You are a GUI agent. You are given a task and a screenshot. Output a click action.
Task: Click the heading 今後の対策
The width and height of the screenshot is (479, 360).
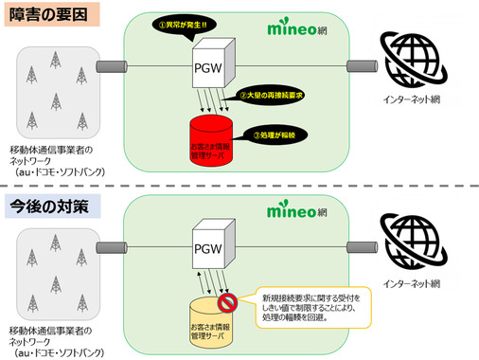(44, 205)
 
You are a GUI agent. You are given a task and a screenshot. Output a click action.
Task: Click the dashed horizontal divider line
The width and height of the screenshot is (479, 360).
(239, 186)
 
